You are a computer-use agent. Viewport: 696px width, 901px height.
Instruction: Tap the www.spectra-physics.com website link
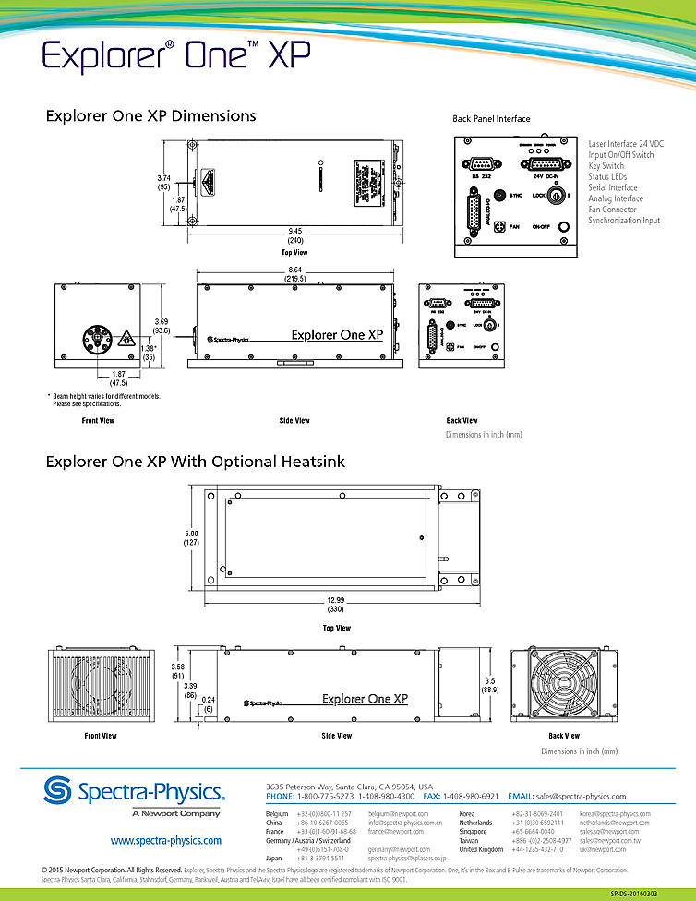click(166, 841)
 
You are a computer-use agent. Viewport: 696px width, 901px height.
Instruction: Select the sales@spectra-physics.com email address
click(582, 796)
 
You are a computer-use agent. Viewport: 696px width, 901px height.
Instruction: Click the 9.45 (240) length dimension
click(295, 234)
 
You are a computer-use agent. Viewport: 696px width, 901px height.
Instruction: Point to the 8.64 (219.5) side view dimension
click(295, 273)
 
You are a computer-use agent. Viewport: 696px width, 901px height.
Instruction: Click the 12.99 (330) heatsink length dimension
click(336, 606)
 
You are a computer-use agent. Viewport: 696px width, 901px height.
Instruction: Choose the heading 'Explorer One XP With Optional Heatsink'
click(195, 462)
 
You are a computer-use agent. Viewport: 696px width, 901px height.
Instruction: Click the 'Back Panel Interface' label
click(491, 119)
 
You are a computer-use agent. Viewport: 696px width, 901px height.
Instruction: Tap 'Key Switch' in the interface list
click(606, 166)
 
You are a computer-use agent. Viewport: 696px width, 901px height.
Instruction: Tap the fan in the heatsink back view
click(564, 685)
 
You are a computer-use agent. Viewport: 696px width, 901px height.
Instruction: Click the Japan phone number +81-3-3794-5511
click(320, 859)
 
